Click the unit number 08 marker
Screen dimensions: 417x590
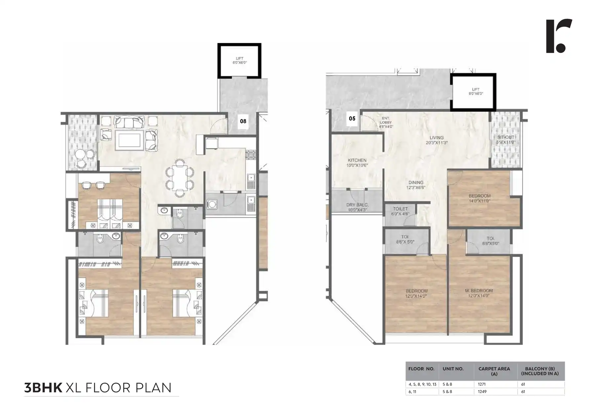click(x=243, y=121)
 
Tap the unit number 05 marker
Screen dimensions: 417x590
click(x=352, y=118)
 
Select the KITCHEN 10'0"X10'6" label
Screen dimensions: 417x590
click(x=357, y=163)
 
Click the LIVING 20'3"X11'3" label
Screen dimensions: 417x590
click(x=436, y=140)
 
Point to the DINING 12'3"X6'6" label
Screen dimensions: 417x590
click(x=415, y=185)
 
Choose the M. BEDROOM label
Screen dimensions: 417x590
click(x=479, y=293)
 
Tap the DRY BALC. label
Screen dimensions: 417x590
click(x=357, y=207)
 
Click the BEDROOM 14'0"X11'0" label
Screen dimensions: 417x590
click(x=479, y=198)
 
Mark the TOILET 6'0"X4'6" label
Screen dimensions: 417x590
click(x=400, y=211)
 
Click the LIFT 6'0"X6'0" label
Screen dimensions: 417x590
click(x=240, y=60)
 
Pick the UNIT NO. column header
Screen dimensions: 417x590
click(x=453, y=369)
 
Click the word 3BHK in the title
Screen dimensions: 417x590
click(x=43, y=388)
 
